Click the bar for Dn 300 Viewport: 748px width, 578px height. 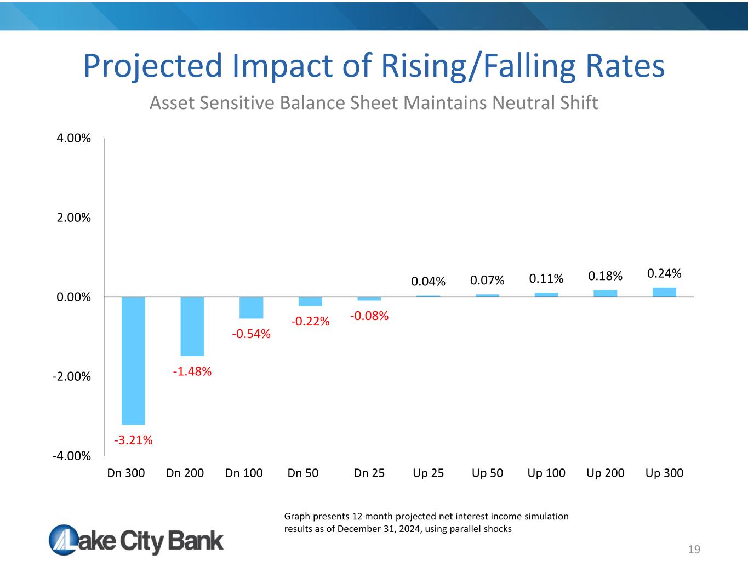click(x=133, y=360)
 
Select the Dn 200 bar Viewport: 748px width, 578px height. click(x=192, y=327)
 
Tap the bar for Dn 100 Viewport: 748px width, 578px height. click(x=252, y=308)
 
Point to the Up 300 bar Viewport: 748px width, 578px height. click(x=664, y=292)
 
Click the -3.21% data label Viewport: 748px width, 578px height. click(x=133, y=440)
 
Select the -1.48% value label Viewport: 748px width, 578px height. click(x=192, y=371)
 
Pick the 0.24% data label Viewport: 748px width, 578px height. click(x=664, y=273)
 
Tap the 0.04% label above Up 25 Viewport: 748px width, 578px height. click(x=429, y=281)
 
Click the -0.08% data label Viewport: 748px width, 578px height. click(x=369, y=316)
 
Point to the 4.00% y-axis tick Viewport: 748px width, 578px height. click(x=74, y=138)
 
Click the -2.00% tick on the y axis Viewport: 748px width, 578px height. click(x=72, y=376)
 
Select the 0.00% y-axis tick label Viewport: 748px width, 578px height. click(x=74, y=297)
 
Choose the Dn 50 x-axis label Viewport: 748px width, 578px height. click(x=303, y=473)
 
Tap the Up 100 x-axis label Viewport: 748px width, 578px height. click(x=546, y=473)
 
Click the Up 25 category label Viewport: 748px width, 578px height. click(x=428, y=473)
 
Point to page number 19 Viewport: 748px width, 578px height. click(x=694, y=550)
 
